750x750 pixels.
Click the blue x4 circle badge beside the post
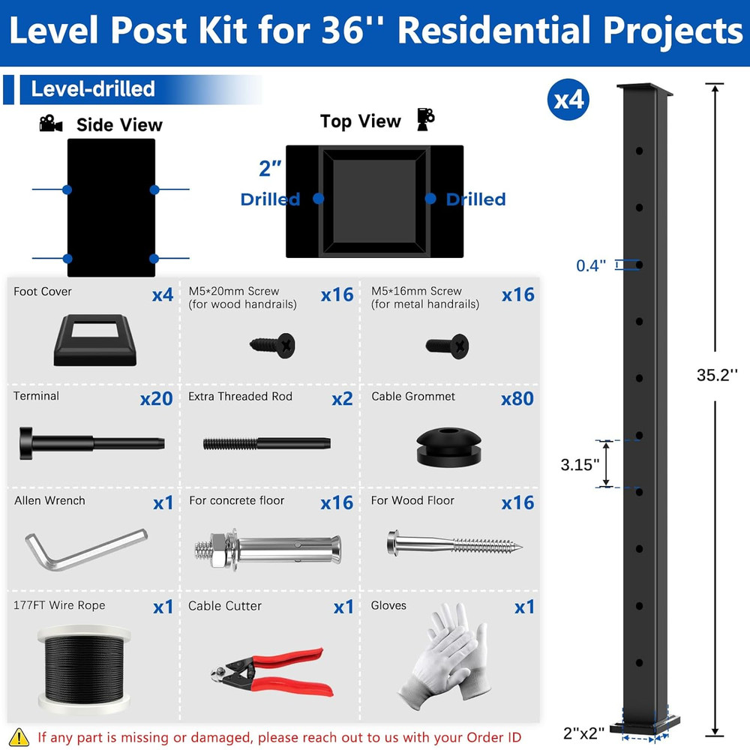[x=568, y=100]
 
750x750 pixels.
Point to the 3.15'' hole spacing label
[x=580, y=464]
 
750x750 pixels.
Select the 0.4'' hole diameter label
[x=591, y=265]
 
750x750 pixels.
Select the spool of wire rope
[x=82, y=667]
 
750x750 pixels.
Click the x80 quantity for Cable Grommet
[x=517, y=398]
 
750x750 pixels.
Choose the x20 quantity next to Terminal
[x=156, y=398]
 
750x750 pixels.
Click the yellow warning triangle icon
[x=21, y=736]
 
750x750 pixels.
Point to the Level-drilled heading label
[x=92, y=89]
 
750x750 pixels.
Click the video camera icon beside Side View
[x=51, y=124]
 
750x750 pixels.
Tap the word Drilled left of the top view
[x=270, y=199]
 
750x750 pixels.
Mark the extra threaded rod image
[x=266, y=442]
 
